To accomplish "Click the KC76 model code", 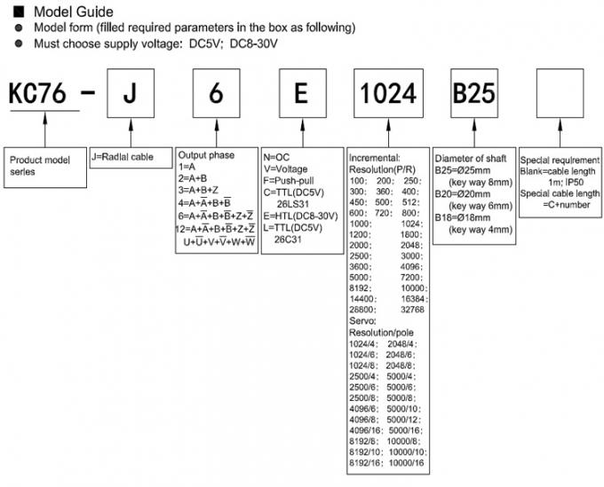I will [41, 93].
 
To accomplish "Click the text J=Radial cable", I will [123, 157].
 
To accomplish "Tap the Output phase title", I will [206, 155].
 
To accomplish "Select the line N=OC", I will [278, 155].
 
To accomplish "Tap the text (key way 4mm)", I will [482, 229].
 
